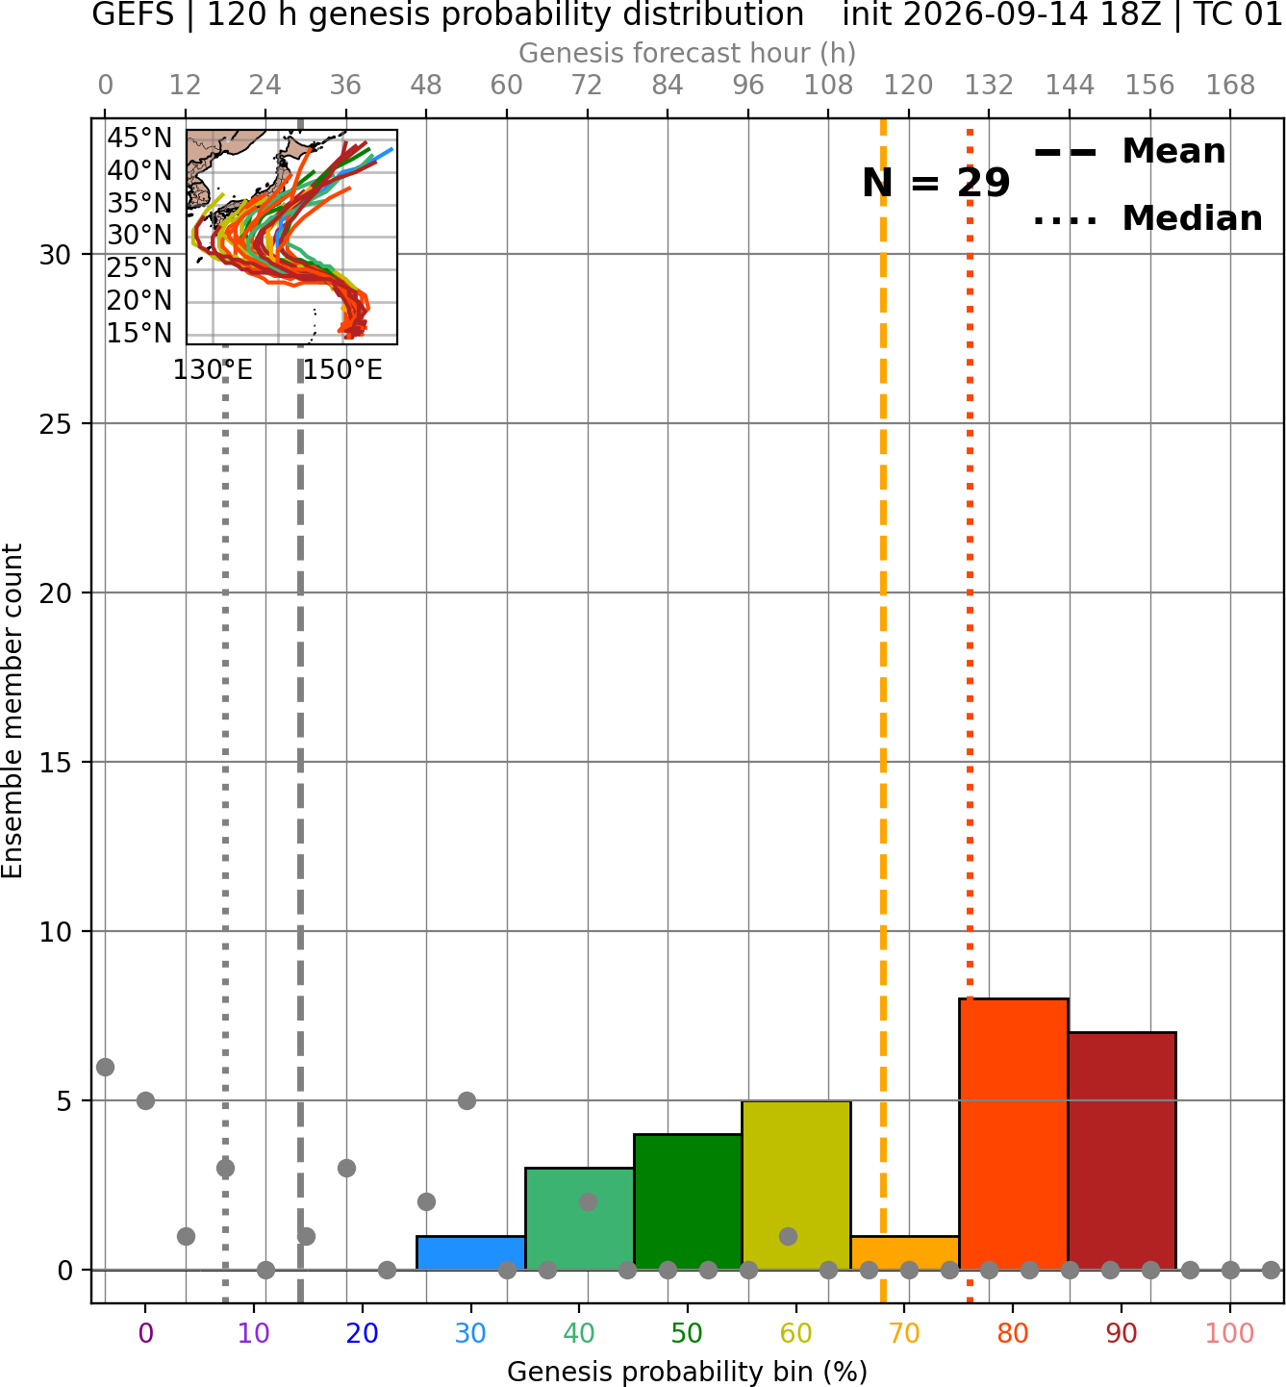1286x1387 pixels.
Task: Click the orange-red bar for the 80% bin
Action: coord(1013,1134)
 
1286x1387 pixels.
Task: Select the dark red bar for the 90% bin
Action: coord(1122,1151)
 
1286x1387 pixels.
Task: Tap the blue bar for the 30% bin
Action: coord(470,1252)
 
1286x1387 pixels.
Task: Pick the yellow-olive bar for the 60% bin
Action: coord(796,1185)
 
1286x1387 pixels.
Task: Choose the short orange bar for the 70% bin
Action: coord(904,1252)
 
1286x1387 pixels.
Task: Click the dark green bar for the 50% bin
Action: coord(688,1202)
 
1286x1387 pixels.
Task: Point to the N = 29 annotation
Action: coord(935,183)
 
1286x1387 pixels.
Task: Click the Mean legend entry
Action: coord(1129,152)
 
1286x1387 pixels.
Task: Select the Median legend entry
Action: coord(1147,218)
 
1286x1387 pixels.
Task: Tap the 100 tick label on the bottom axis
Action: coord(1230,1333)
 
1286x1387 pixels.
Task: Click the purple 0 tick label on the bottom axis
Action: coord(145,1333)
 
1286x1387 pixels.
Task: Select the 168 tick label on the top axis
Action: coord(1230,86)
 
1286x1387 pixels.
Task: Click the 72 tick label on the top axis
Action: coord(587,86)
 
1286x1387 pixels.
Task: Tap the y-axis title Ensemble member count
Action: coord(12,711)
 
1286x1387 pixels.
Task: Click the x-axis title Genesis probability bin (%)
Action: coord(688,1372)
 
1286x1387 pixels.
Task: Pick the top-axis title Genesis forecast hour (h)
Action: coord(688,53)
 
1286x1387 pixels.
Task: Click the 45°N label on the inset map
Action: coord(139,139)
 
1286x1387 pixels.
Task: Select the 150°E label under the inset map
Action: coord(342,369)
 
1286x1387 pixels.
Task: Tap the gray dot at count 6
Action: coord(106,1067)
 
